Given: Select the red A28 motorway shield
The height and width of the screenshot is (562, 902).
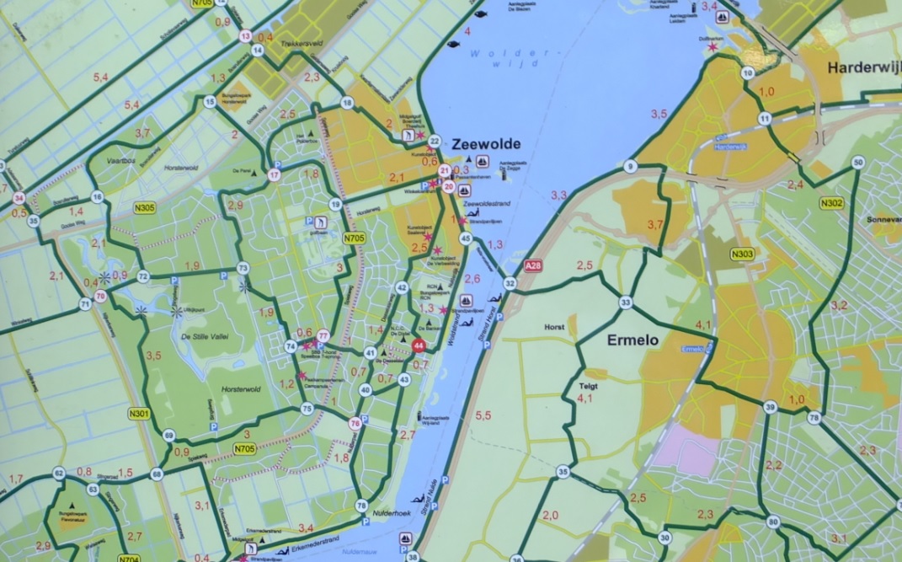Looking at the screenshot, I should (531, 266).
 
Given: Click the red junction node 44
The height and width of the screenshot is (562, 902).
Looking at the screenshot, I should (419, 345).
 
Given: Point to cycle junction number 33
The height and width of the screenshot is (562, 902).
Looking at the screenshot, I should (625, 302).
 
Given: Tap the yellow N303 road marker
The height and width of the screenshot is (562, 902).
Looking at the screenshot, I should (742, 254).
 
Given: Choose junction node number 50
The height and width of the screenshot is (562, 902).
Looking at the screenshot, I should (858, 163).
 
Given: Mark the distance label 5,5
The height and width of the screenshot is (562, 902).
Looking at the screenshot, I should (483, 415).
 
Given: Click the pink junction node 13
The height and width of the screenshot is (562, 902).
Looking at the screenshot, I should (245, 36).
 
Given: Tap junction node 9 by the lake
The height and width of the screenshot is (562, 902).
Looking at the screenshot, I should (630, 167).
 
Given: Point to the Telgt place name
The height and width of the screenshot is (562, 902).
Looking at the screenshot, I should (587, 387).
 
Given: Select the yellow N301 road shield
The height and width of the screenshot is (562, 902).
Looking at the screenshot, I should (140, 414).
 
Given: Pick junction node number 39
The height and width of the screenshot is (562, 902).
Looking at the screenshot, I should (770, 408).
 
